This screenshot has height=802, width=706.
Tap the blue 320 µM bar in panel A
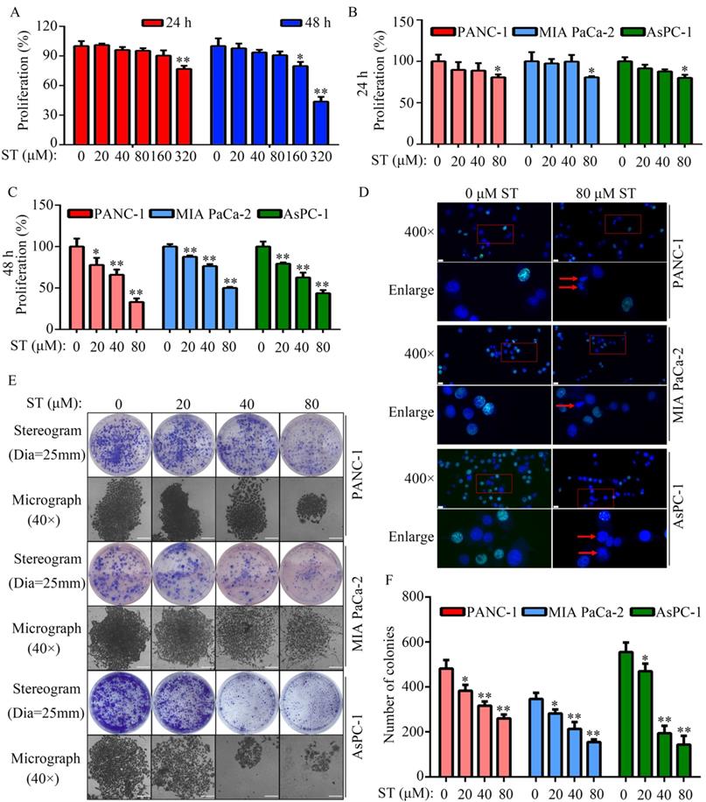321,122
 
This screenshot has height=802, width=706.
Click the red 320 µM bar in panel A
185,106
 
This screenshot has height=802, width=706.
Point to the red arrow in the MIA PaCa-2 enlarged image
565,405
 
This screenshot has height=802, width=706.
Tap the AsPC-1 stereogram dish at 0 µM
120,702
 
